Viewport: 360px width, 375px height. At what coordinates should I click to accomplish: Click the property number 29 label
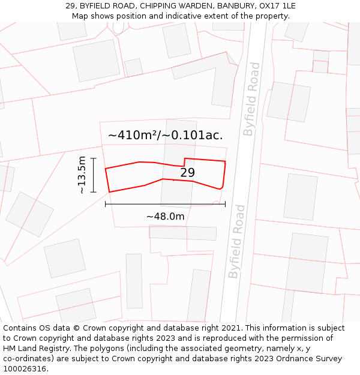coord(188,173)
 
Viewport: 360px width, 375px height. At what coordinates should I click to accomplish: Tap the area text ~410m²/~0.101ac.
coord(165,135)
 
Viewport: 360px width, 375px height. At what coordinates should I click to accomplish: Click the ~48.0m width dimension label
coord(165,216)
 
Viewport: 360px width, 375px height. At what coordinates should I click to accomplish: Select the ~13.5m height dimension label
coord(82,175)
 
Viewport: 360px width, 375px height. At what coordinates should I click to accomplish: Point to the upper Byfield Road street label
coord(252,99)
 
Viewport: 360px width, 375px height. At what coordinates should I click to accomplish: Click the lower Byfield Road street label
coord(237,241)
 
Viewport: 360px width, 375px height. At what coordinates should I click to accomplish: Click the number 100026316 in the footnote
coord(26,369)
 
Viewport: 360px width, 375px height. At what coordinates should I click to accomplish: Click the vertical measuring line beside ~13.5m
coord(94,175)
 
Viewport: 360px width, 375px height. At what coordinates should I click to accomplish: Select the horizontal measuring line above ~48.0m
coord(165,205)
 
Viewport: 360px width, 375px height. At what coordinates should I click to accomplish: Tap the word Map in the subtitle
coord(80,16)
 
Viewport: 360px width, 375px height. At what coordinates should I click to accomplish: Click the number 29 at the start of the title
coord(71,5)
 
